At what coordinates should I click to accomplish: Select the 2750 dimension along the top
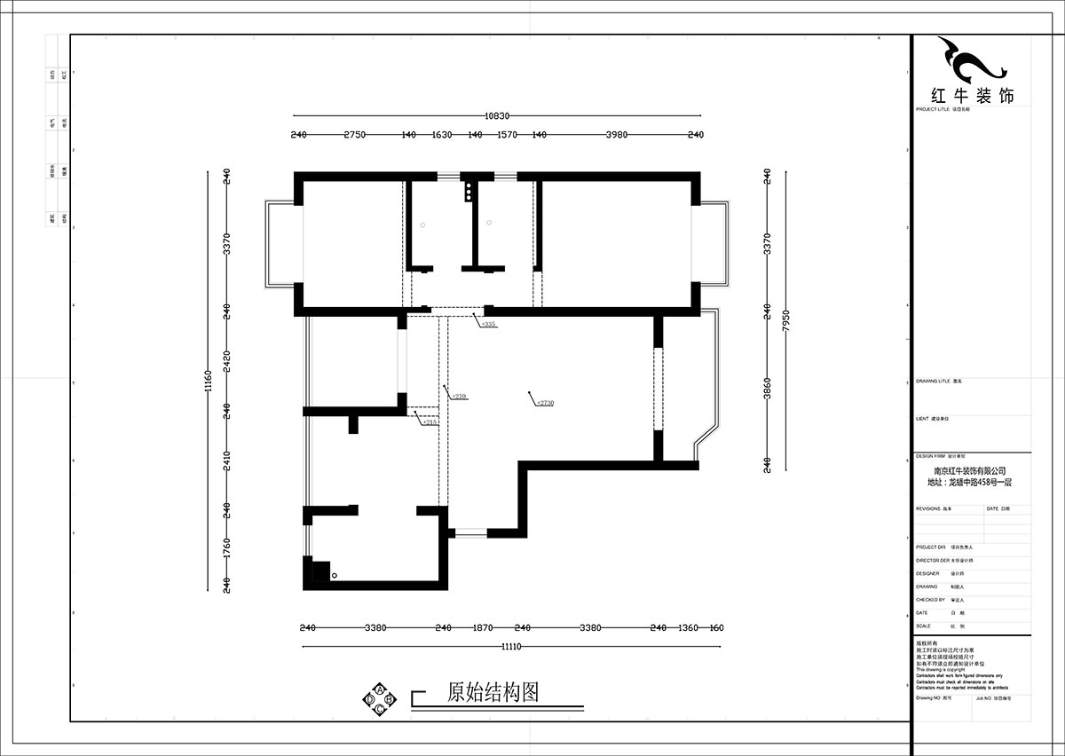[x=354, y=135]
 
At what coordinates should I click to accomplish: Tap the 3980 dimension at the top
[x=616, y=135]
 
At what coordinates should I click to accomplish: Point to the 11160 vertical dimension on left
[x=208, y=382]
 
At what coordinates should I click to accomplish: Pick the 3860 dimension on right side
[x=767, y=388]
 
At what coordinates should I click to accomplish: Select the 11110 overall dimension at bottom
[x=511, y=646]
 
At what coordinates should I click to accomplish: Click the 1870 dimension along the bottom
[x=482, y=628]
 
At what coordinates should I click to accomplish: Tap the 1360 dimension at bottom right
[x=688, y=628]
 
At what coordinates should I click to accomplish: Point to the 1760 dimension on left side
[x=226, y=547]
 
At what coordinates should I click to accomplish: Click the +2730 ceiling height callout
[x=544, y=402]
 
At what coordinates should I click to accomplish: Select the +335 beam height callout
[x=487, y=325]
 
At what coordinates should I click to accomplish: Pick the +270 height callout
[x=458, y=396]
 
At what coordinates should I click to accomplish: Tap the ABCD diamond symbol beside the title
[x=380, y=698]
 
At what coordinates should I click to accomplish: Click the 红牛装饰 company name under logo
[x=971, y=96]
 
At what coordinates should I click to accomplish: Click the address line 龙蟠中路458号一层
[x=969, y=483]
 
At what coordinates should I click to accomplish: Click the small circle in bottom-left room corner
[x=335, y=576]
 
